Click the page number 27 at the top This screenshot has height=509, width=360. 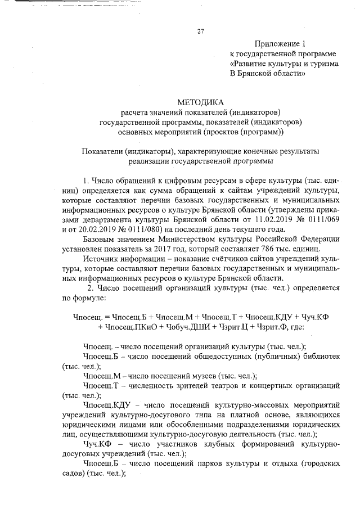tap(200, 31)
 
